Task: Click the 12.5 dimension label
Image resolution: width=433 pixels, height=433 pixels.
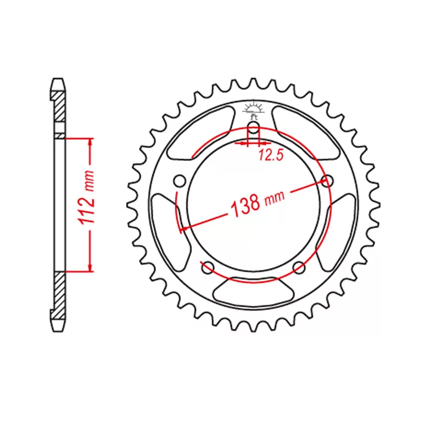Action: [271, 156]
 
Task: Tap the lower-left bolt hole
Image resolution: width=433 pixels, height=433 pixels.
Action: [206, 266]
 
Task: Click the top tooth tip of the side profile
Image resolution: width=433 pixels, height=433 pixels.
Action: [58, 84]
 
